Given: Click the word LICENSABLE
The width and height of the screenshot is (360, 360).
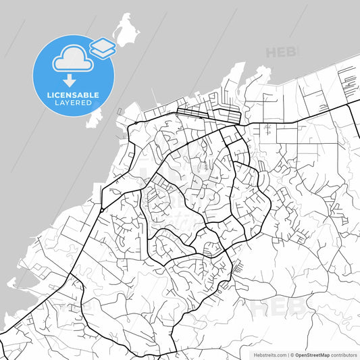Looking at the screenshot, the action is pos(74,95).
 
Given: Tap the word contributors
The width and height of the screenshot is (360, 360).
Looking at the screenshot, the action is pos(344,354).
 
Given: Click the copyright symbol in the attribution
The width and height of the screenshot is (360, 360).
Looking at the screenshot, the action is pos(292,354).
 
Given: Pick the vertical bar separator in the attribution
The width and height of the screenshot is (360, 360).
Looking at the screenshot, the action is pos(287,354).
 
